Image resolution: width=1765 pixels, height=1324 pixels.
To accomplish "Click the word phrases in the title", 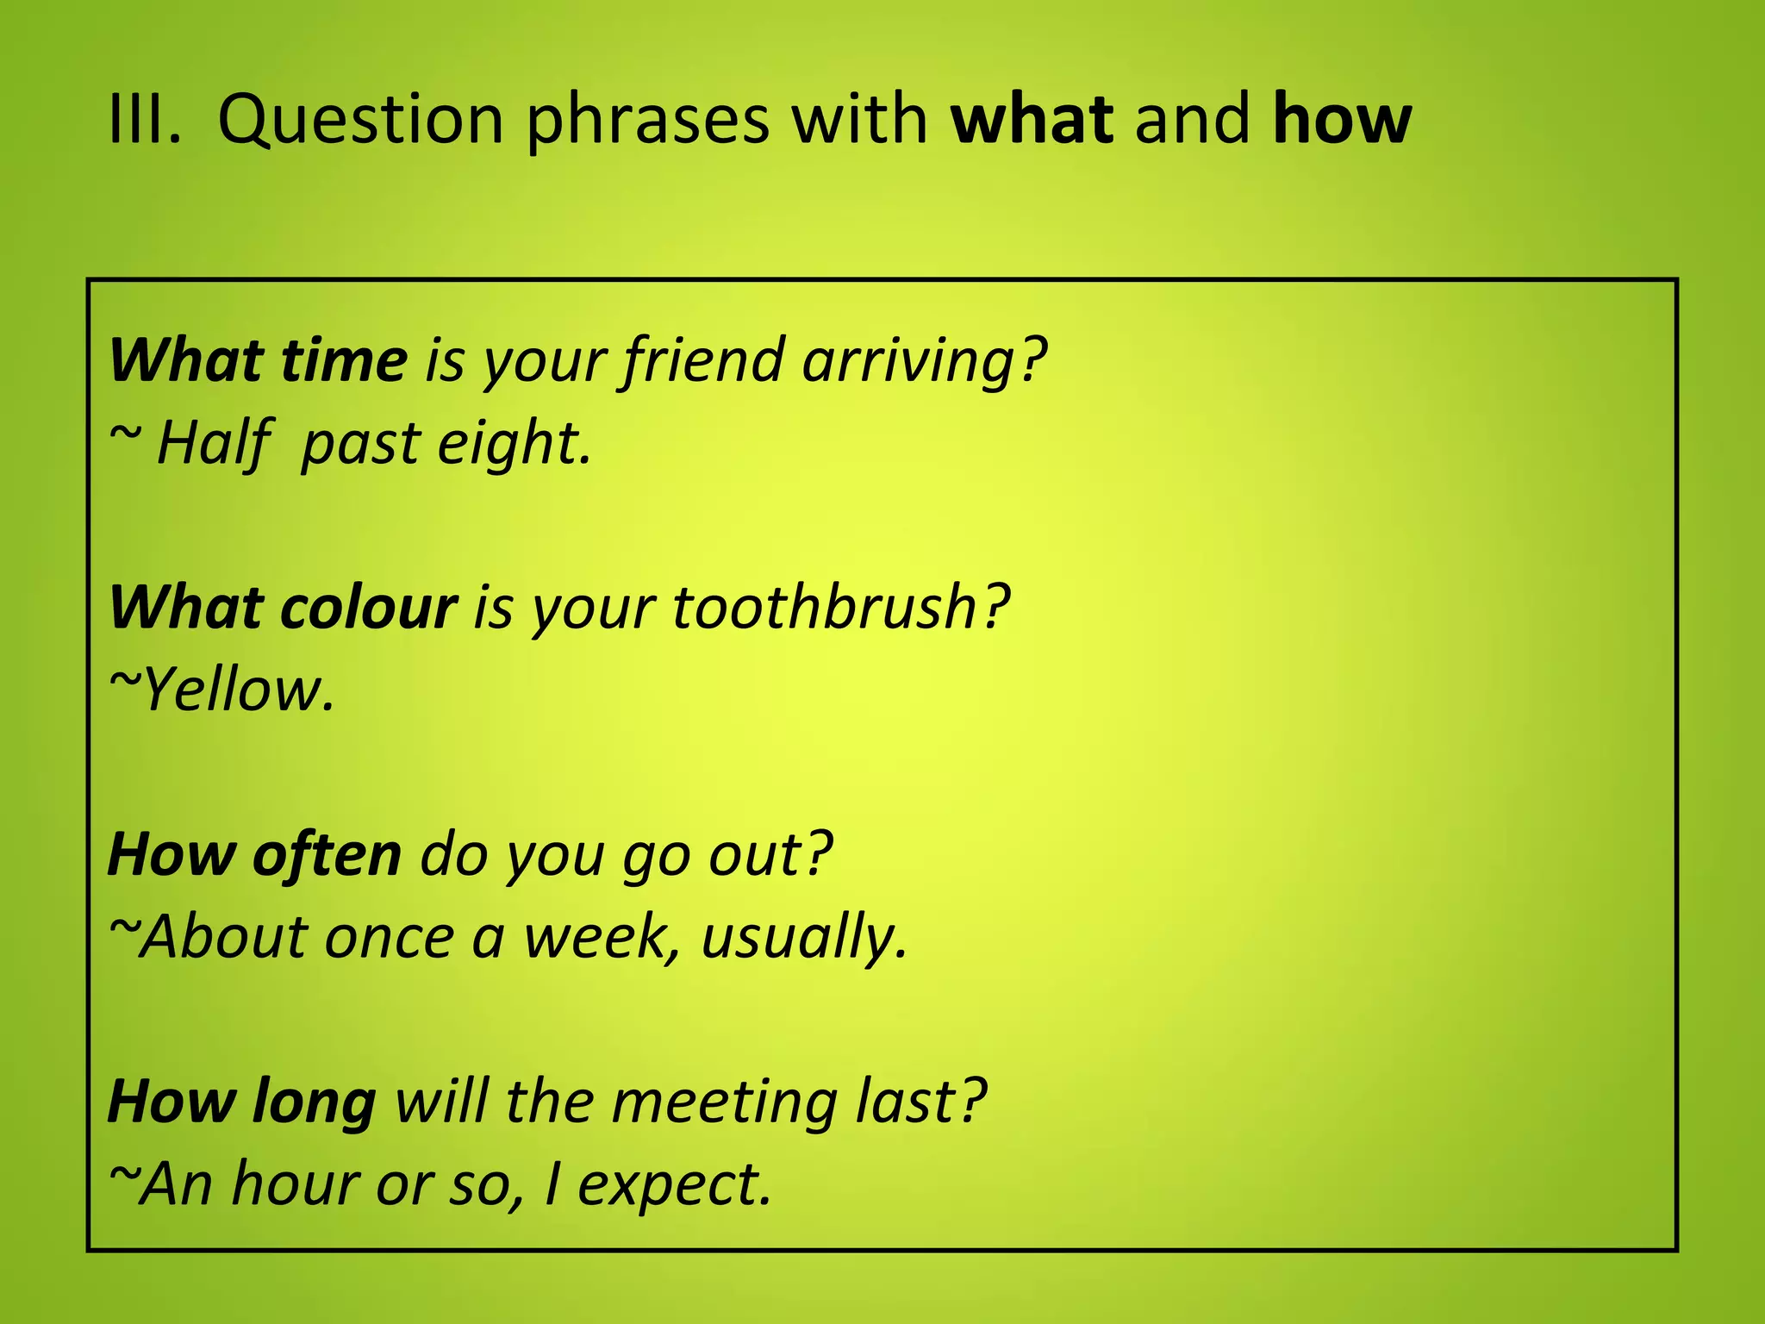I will pyautogui.click(x=647, y=121).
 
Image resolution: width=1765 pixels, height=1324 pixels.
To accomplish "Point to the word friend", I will pyautogui.click(x=702, y=360).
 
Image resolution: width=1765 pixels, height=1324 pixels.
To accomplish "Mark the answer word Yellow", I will pyautogui.click(x=237, y=690).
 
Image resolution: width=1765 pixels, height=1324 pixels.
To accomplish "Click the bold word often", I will pyautogui.click(x=327, y=855).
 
